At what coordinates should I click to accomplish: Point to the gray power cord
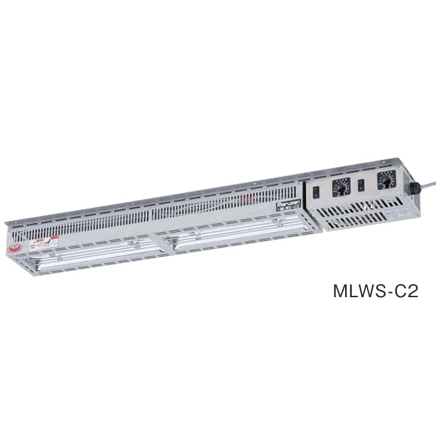tap(428, 180)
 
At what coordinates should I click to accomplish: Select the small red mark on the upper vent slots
tap(251, 198)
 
